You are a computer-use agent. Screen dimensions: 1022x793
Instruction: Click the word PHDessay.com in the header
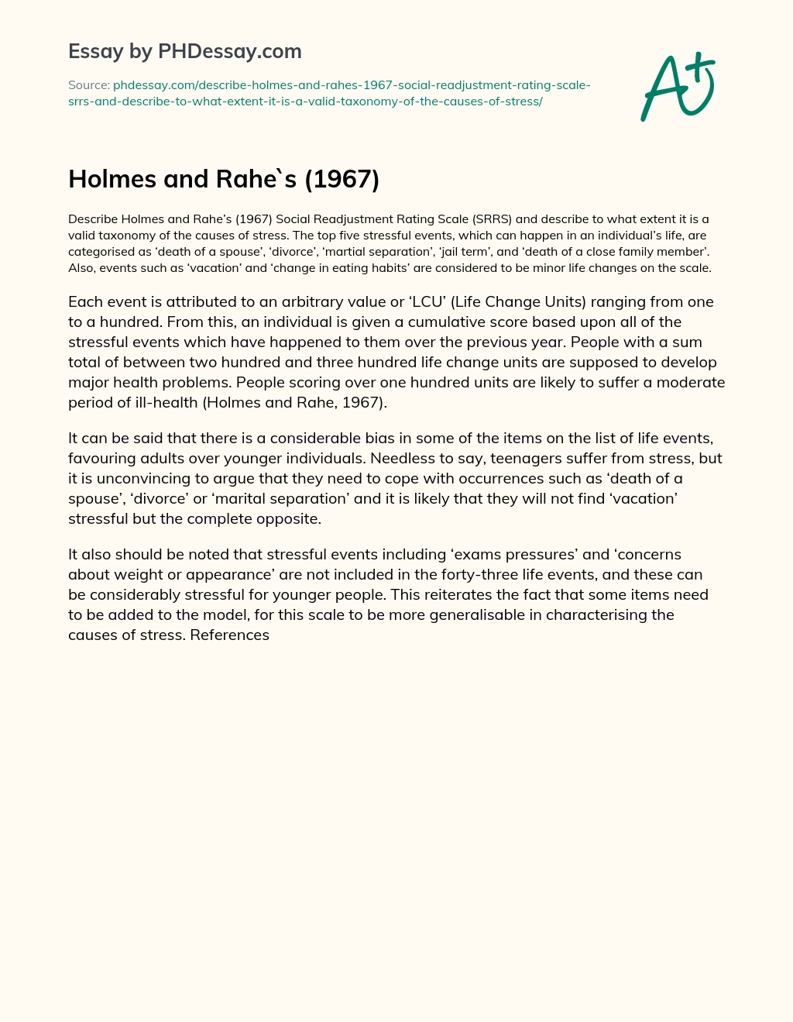coord(230,51)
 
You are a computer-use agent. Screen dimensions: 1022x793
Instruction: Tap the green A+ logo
coord(678,88)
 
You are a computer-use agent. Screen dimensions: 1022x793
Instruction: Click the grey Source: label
coord(88,85)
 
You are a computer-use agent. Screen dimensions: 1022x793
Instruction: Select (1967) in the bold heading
coord(342,179)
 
